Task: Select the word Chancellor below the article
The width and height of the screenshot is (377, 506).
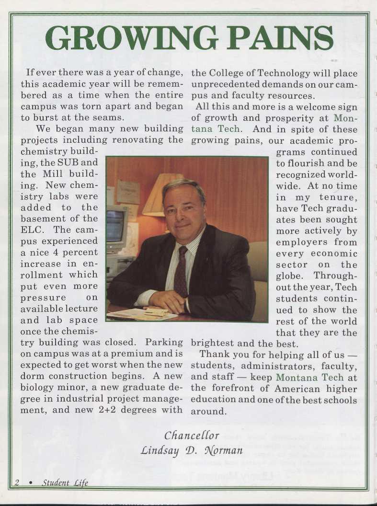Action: [x=192, y=436]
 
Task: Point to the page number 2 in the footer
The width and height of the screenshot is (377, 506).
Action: [x=16, y=483]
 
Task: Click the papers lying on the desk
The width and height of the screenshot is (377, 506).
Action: [x=139, y=314]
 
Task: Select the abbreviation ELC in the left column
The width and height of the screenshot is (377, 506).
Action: [x=32, y=230]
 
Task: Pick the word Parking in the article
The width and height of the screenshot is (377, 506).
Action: [x=164, y=343]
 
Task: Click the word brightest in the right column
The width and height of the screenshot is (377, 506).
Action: [x=213, y=343]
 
